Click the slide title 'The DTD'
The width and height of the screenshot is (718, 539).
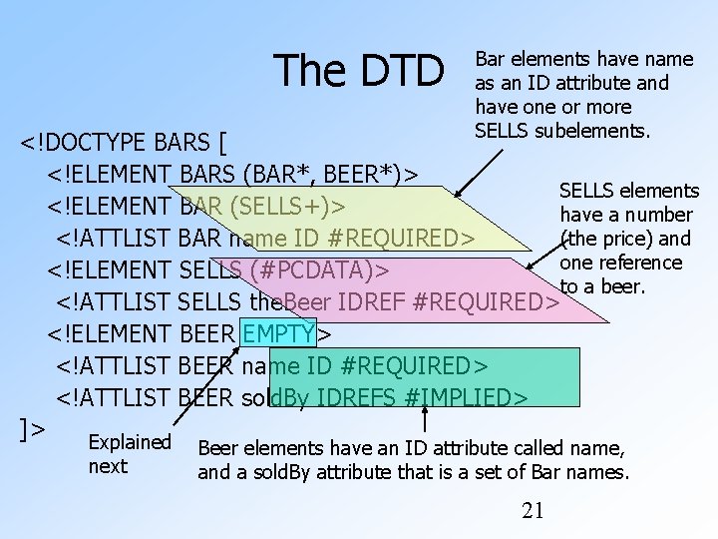click(361, 70)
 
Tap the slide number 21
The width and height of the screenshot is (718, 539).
click(534, 511)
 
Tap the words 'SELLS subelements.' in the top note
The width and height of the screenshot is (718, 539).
click(562, 131)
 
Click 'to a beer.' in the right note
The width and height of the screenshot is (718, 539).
click(604, 286)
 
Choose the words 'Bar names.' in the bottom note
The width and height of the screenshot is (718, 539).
click(587, 472)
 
